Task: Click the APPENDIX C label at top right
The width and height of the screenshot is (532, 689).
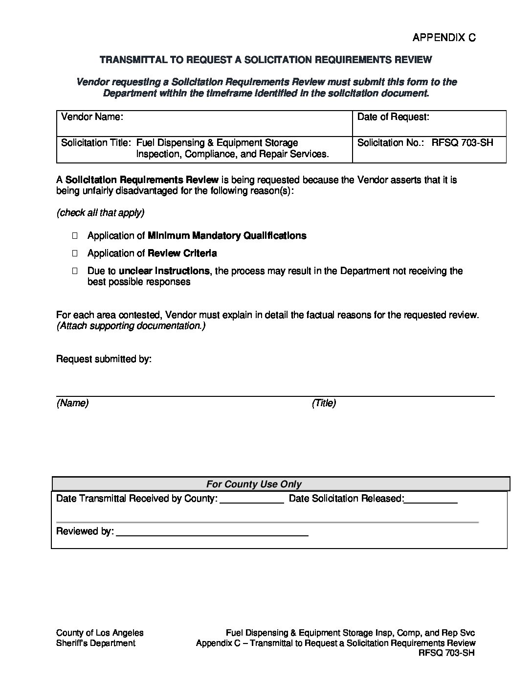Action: tap(443, 38)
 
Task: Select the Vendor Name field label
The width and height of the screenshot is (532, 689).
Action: tap(92, 117)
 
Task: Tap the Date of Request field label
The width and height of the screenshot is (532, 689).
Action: tap(393, 117)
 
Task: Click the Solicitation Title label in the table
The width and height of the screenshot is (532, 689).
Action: tap(96, 143)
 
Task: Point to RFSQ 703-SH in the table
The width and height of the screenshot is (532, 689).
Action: tap(462, 143)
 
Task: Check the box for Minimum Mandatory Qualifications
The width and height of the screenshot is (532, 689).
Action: tap(75, 236)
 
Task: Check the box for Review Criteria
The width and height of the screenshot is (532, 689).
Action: tap(75, 253)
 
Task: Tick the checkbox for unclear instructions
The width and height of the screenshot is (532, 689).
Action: tap(75, 271)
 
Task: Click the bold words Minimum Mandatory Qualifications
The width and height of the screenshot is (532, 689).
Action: tap(227, 236)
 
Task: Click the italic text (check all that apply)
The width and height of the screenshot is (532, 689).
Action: tap(100, 213)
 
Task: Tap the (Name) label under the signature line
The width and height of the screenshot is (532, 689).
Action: tap(72, 403)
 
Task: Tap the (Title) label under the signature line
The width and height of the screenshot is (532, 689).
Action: tap(324, 403)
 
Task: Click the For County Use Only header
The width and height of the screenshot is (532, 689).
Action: tap(254, 484)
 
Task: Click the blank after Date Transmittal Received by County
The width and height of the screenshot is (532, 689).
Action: tap(252, 500)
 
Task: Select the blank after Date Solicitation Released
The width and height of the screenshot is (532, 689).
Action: tap(431, 500)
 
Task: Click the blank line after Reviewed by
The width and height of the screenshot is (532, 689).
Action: tap(212, 532)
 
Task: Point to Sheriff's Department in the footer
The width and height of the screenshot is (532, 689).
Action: tap(96, 643)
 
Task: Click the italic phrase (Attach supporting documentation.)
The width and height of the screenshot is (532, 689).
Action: tap(131, 326)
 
